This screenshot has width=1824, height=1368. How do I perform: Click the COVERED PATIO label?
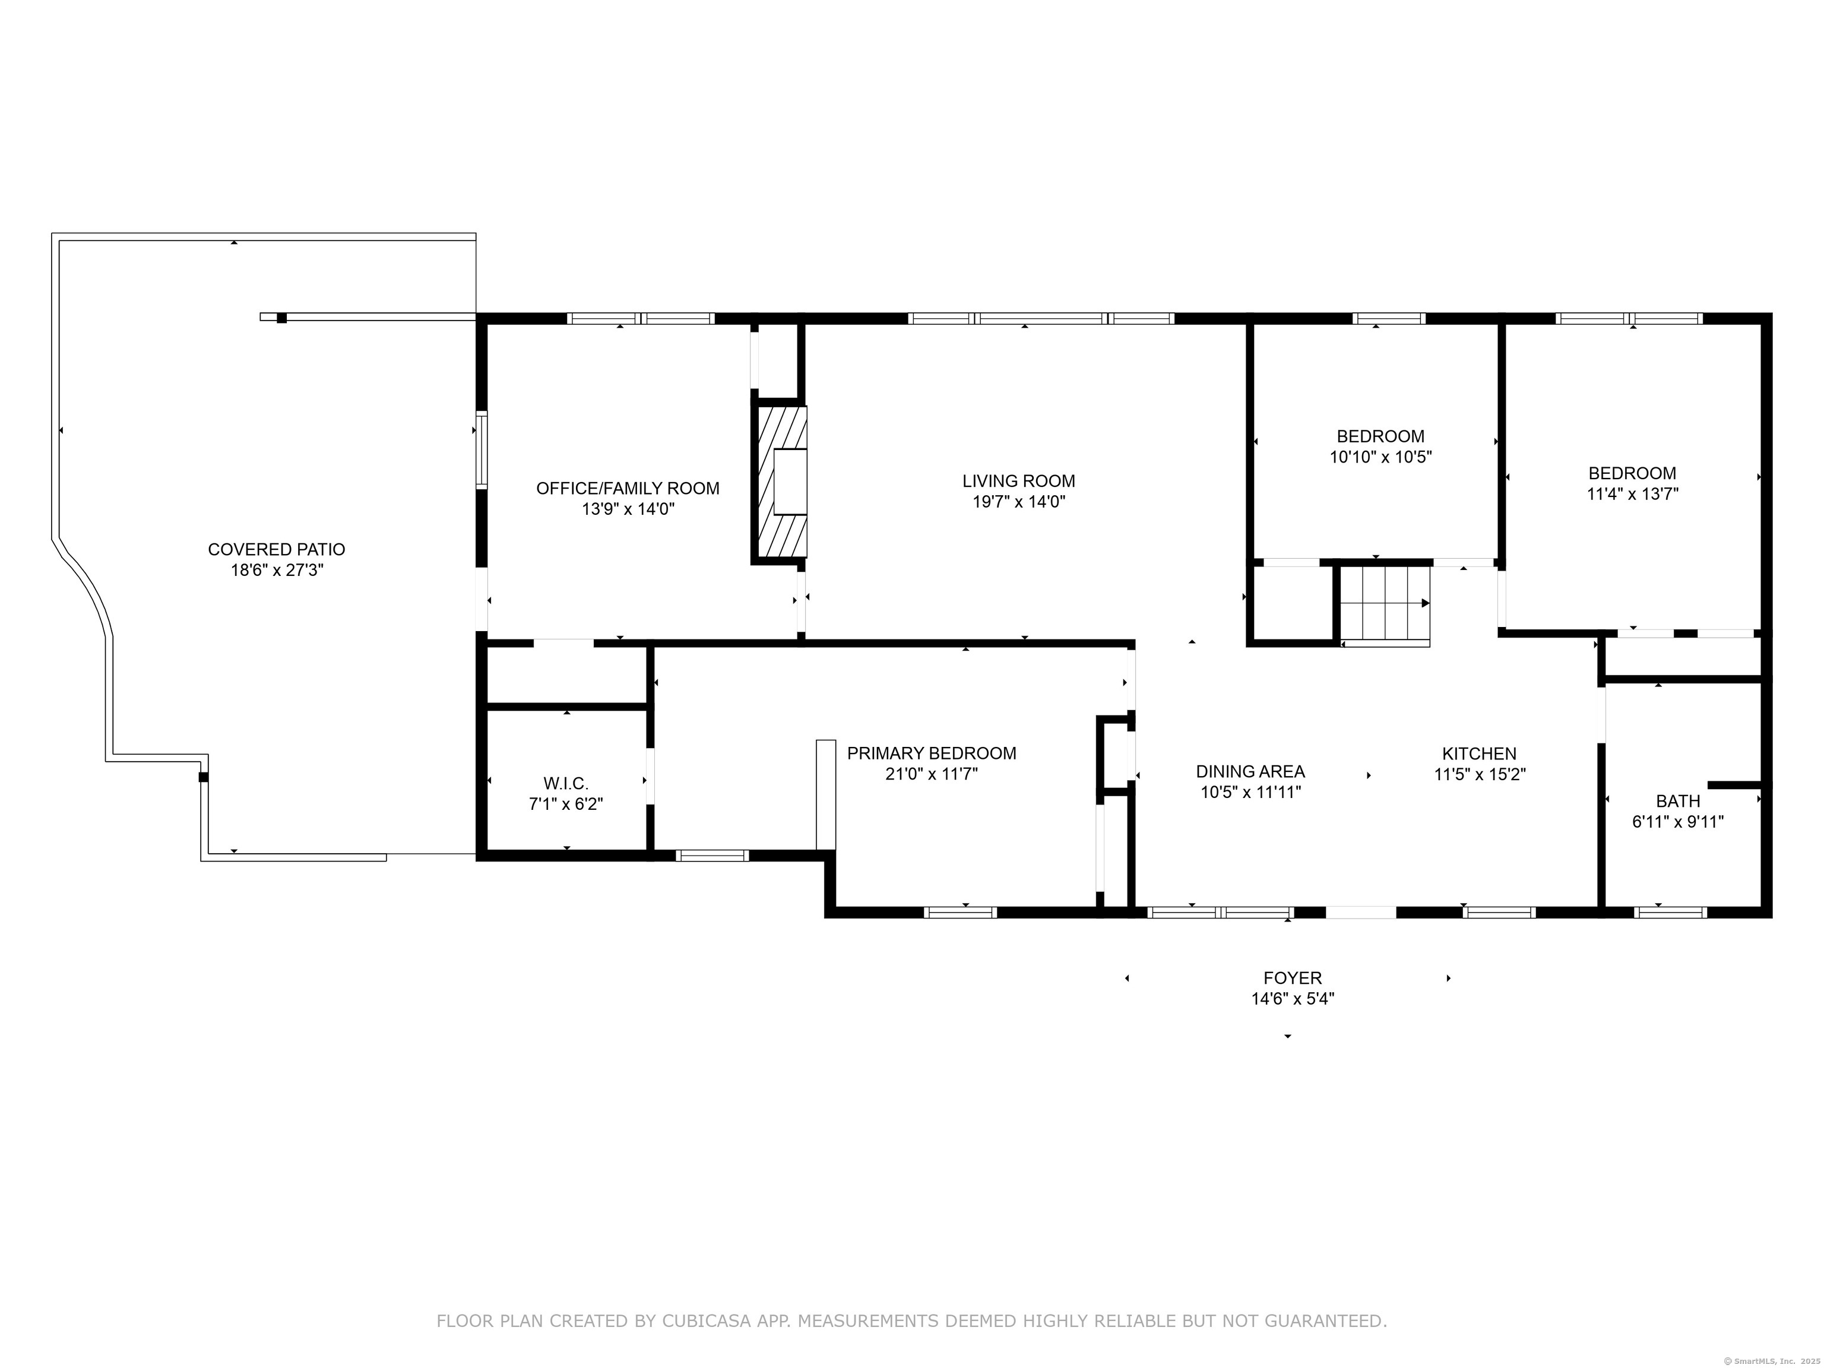pos(276,549)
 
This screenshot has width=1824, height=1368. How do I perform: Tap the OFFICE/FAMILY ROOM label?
pos(628,488)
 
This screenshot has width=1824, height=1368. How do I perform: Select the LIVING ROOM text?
pos(1018,481)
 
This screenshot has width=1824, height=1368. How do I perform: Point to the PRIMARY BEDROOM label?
pos(931,753)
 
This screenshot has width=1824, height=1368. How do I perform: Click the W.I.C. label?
pos(566,783)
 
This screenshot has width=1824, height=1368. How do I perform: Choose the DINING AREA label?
pos(1250,771)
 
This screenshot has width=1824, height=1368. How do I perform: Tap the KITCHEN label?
pos(1478,753)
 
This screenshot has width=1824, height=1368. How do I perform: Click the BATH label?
pos(1678,801)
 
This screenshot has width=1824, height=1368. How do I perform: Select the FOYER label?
pos(1292,978)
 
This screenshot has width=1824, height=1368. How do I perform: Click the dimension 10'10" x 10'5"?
pos(1380,457)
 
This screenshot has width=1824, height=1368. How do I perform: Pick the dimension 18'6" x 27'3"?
pos(276,570)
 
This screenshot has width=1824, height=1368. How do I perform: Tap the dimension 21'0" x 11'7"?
pos(931,774)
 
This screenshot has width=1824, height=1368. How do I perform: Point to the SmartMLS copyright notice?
pos(1772,1360)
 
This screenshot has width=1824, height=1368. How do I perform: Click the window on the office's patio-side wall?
pos(482,450)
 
